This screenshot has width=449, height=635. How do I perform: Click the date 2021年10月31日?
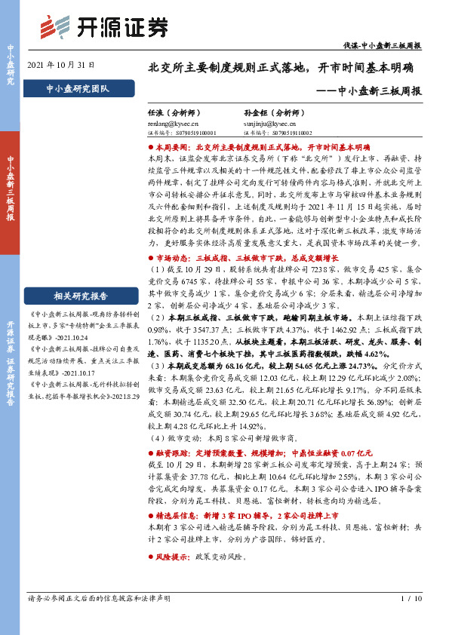[60, 66]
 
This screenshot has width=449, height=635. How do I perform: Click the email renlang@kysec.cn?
[174, 120]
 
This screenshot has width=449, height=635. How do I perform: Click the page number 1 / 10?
[412, 619]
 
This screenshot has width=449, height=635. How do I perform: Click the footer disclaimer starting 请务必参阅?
[99, 619]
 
